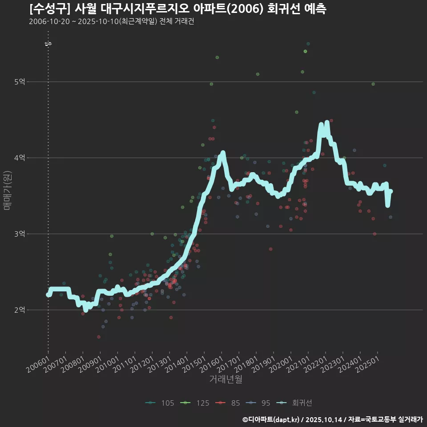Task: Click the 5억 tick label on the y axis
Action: tap(20, 82)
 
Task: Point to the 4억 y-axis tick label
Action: tap(20, 158)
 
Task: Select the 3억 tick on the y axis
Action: tap(20, 234)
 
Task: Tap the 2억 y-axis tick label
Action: tap(20, 310)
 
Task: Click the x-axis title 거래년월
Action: tap(226, 379)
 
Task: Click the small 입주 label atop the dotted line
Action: tap(48, 44)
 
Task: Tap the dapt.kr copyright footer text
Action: tap(332, 419)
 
